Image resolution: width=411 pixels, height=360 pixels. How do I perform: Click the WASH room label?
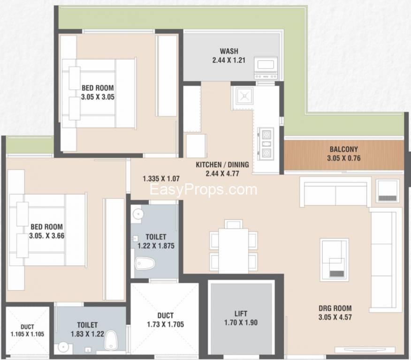click(x=229, y=51)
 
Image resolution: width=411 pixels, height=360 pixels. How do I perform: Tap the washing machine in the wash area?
click(x=266, y=68)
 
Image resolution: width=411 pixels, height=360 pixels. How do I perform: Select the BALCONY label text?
click(x=343, y=149)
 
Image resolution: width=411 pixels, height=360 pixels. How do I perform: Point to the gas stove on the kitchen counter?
click(x=266, y=144)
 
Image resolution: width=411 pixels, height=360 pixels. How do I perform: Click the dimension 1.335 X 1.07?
click(x=161, y=179)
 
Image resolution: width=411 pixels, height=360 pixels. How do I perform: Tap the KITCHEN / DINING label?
click(x=222, y=165)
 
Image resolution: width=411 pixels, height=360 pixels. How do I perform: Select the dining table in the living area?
click(x=234, y=251)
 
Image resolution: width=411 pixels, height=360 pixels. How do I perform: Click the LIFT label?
click(x=241, y=314)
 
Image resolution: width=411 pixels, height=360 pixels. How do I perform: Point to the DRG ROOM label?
click(x=335, y=308)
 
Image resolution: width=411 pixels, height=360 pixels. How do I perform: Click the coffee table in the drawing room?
click(x=334, y=260)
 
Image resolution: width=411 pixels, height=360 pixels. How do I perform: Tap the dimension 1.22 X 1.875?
click(x=156, y=246)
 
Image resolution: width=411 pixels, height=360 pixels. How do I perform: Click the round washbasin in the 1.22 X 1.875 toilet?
click(x=137, y=214)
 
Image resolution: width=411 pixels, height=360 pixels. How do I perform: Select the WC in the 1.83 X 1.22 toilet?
click(x=111, y=340)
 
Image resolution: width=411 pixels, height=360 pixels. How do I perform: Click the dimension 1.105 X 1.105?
click(x=27, y=334)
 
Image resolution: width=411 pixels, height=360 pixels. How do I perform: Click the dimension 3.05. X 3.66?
click(x=46, y=236)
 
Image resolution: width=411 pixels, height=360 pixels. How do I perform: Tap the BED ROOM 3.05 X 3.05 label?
click(x=98, y=92)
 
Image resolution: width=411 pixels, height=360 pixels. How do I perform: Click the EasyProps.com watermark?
click(x=204, y=189)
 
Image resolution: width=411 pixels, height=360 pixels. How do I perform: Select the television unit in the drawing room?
click(x=365, y=350)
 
